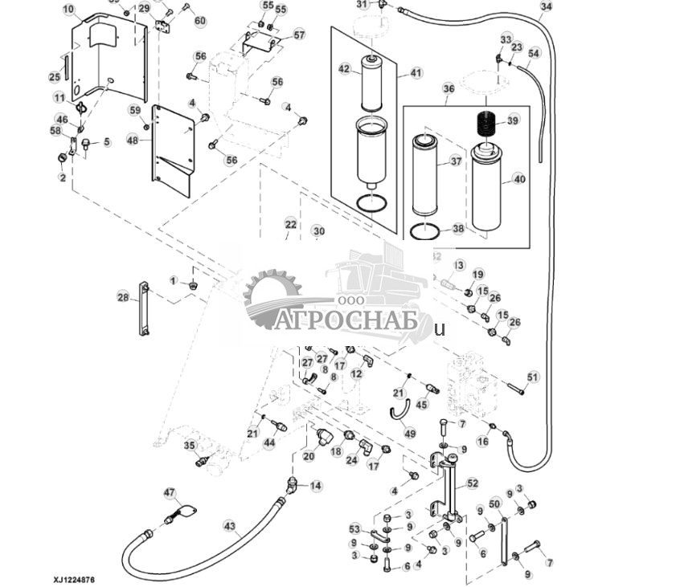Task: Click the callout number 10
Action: pyautogui.click(x=68, y=10)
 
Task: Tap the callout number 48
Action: pyautogui.click(x=133, y=141)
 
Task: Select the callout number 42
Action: pyautogui.click(x=344, y=70)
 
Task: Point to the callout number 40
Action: pyautogui.click(x=519, y=180)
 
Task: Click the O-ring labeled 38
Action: pyautogui.click(x=424, y=233)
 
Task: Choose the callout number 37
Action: pyautogui.click(x=457, y=161)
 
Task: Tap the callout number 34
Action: pyautogui.click(x=547, y=6)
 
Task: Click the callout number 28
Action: pyautogui.click(x=123, y=298)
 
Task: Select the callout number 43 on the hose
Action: pyautogui.click(x=230, y=527)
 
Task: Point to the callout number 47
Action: pyautogui.click(x=169, y=492)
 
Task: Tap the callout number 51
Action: pyautogui.click(x=532, y=377)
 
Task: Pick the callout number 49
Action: pyautogui.click(x=410, y=434)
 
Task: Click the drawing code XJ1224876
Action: pyautogui.click(x=74, y=578)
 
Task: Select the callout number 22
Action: pyautogui.click(x=290, y=224)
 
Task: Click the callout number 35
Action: pyautogui.click(x=189, y=446)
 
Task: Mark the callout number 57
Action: pyautogui.click(x=299, y=35)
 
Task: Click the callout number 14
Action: pyautogui.click(x=316, y=486)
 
